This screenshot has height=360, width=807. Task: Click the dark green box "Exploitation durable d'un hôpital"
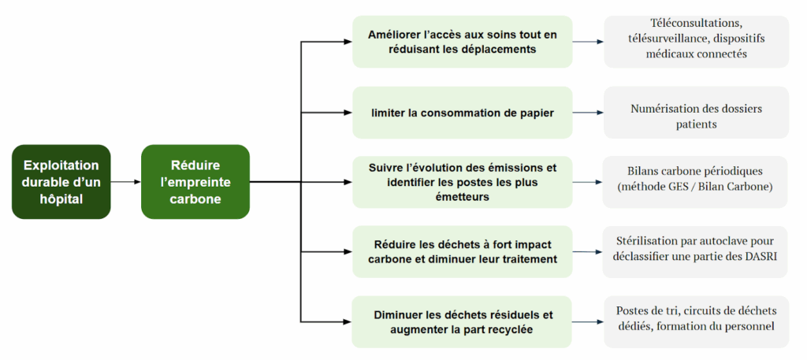coord(61,182)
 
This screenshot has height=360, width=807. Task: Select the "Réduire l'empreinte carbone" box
coord(195,182)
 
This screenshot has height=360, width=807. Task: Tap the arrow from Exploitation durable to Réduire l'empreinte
coord(125,182)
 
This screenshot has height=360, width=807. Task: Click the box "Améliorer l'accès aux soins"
coord(462,42)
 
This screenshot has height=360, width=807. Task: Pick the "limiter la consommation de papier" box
coord(462,113)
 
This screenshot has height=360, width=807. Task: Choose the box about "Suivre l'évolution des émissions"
coord(462,182)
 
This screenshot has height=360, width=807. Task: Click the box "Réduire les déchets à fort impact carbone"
coord(462,251)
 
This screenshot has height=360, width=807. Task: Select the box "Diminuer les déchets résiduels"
coord(462,321)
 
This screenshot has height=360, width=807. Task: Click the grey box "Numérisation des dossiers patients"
coord(697,116)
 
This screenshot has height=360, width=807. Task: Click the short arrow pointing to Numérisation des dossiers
coord(588,113)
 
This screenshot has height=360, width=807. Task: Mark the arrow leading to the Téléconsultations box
coord(588,42)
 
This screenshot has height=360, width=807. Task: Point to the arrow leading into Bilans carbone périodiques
coord(588,182)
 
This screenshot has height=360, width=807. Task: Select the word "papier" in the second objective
coord(535,113)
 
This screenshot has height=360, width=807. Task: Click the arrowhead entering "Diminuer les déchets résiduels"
coord(347,321)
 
